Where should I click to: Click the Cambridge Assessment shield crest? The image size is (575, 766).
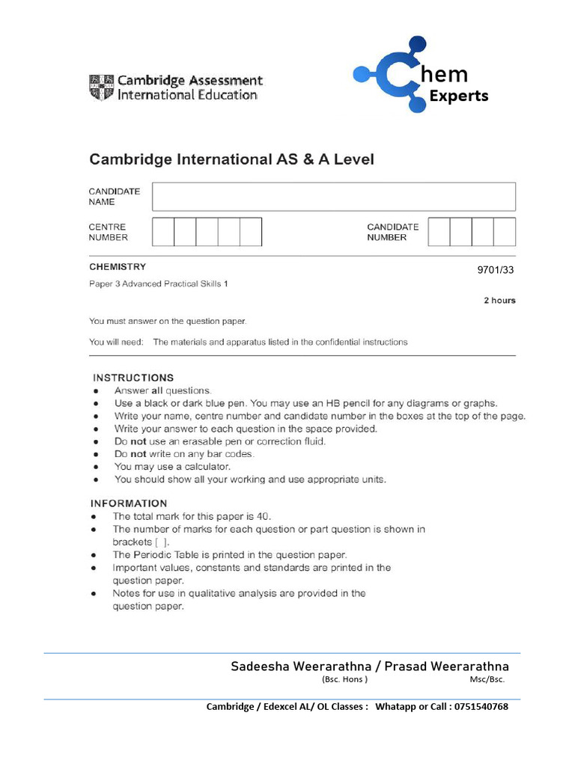point(102,87)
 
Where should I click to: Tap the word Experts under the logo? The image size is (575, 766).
point(458,96)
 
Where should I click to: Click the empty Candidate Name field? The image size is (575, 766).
point(333,197)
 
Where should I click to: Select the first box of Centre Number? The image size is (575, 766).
point(163,232)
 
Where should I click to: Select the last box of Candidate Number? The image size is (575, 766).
point(505,232)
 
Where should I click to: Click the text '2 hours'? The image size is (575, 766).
point(499,301)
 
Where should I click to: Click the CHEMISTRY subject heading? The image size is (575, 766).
point(118,267)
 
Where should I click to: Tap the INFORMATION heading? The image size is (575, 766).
point(129,503)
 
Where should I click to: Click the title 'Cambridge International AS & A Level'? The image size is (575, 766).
point(231,159)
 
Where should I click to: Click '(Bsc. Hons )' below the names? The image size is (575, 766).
point(344,680)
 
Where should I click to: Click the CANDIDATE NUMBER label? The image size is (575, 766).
point(392,232)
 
